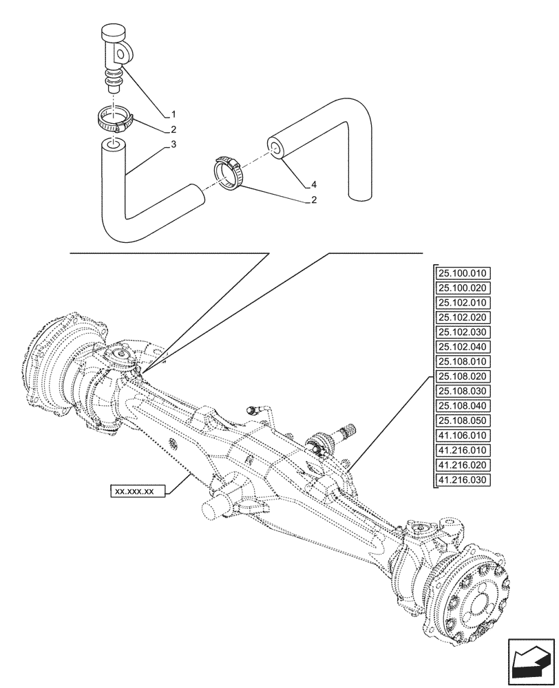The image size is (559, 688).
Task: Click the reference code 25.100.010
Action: [462, 272]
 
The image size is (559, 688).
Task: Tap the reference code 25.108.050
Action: [462, 421]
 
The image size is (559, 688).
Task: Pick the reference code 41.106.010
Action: [462, 436]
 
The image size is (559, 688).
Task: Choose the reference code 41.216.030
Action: [462, 480]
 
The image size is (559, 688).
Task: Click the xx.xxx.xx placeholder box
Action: [136, 491]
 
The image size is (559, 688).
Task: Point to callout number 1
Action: [173, 113]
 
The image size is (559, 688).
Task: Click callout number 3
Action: [173, 144]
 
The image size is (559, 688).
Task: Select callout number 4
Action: [313, 184]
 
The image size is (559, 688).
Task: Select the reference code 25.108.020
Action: [462, 376]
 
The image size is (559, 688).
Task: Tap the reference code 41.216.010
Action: [462, 451]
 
